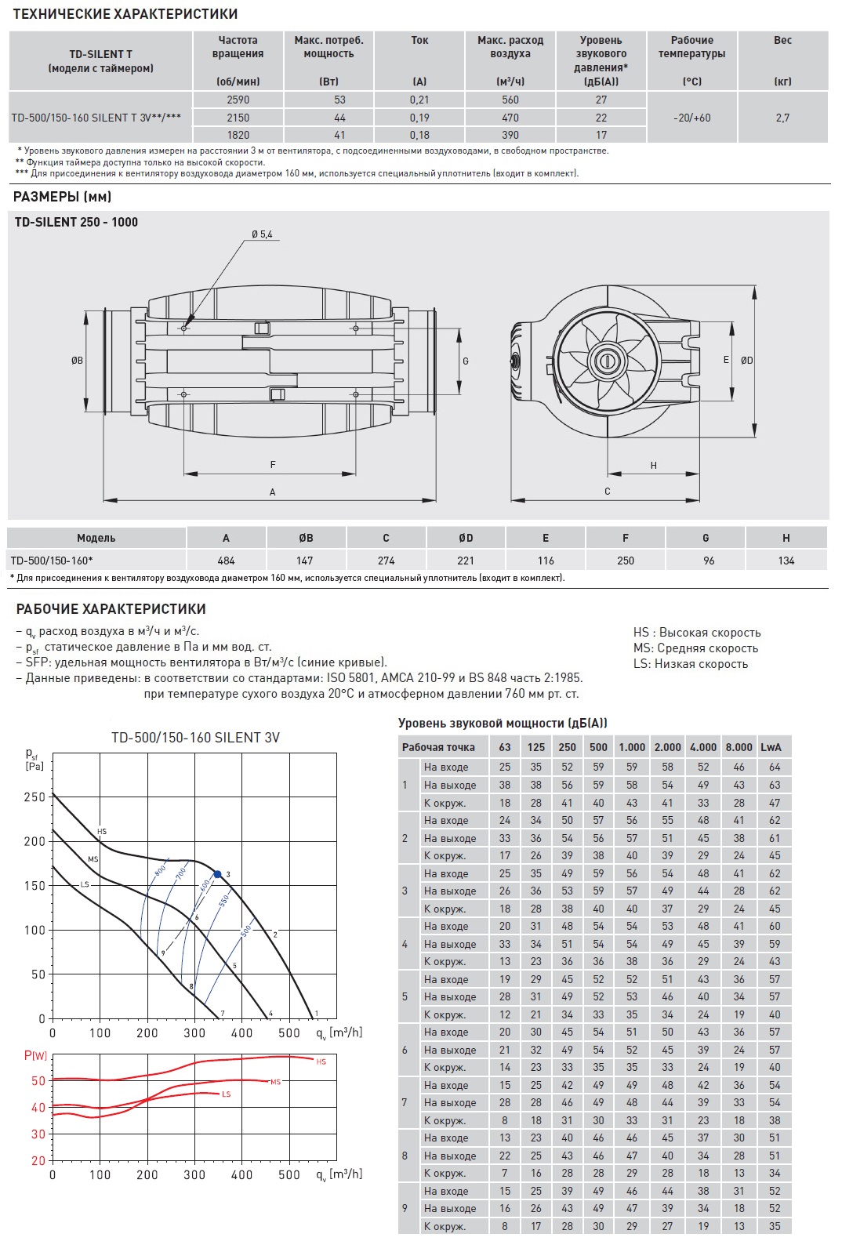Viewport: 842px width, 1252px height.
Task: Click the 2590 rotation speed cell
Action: tap(238, 100)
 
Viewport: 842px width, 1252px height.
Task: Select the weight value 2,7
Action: tap(782, 118)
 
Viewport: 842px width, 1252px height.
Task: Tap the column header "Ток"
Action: tap(419, 40)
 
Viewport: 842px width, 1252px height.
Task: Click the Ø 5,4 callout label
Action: tap(262, 234)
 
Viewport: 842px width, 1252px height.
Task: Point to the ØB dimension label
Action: tap(77, 361)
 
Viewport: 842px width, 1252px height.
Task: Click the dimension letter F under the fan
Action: tap(273, 465)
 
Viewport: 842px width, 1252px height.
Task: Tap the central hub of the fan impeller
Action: tap(608, 361)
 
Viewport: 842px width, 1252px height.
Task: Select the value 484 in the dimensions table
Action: tap(226, 561)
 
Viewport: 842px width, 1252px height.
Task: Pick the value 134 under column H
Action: tap(786, 561)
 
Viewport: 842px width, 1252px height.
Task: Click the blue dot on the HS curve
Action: tap(217, 874)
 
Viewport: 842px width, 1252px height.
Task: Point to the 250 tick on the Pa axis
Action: tap(35, 797)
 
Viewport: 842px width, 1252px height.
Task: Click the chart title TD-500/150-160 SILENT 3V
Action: tap(195, 738)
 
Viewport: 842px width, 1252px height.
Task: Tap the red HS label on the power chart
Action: tap(321, 1061)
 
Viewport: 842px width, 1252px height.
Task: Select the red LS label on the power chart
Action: tap(226, 1094)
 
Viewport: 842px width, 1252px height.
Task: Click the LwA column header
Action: tap(771, 747)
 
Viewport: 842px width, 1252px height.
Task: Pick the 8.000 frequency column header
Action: tap(739, 747)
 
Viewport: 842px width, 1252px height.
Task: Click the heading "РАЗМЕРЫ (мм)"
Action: tap(64, 197)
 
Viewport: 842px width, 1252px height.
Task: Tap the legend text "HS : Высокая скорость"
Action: tap(697, 633)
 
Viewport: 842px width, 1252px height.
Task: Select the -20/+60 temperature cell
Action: tap(691, 118)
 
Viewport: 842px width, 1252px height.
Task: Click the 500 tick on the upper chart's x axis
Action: tap(289, 1033)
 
